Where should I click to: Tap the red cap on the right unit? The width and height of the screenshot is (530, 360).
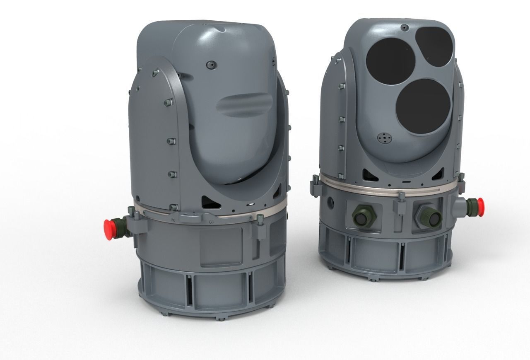480,203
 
